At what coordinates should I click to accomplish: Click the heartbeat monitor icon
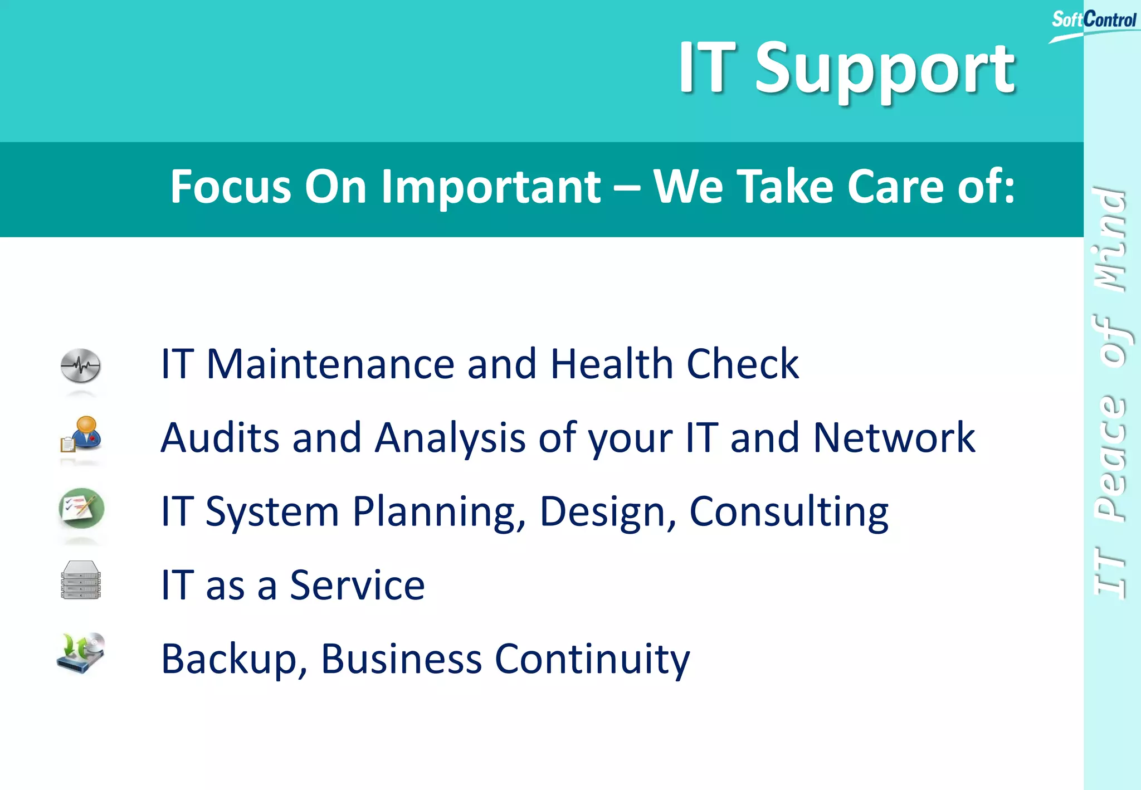[81, 366]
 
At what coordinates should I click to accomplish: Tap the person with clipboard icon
[81, 435]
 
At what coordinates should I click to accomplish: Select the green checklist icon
[81, 508]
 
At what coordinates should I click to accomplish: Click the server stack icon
[81, 581]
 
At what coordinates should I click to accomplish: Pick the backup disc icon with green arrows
[81, 653]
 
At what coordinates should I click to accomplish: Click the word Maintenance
[330, 364]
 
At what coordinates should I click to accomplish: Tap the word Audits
[220, 438]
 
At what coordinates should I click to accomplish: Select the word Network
[894, 438]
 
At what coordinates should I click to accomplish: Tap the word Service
[357, 586]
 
